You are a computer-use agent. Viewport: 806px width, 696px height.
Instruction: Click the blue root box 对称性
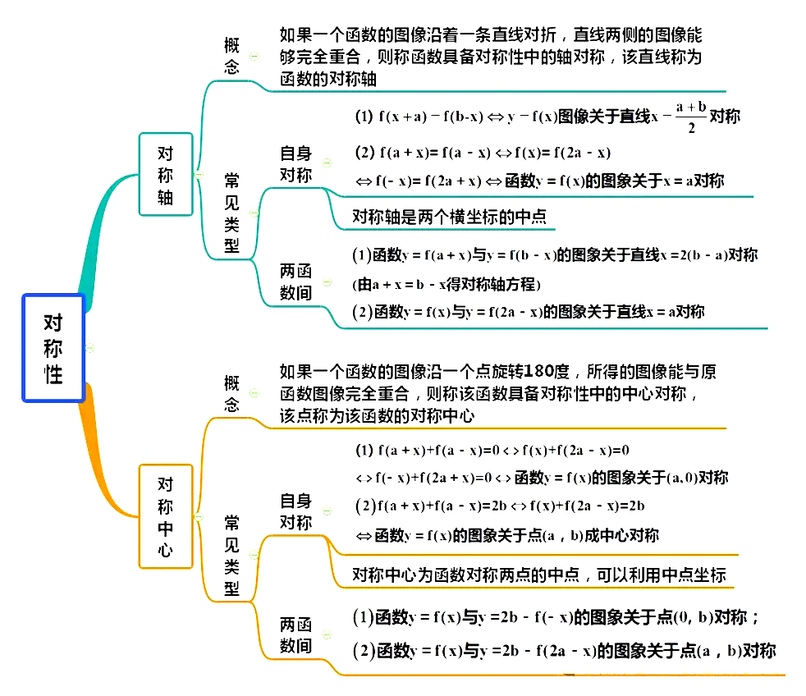click(53, 348)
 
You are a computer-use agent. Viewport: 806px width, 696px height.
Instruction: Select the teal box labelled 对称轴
click(166, 175)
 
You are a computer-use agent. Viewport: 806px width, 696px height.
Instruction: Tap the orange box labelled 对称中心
click(166, 516)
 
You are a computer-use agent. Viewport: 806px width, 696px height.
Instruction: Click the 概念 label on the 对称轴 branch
click(231, 56)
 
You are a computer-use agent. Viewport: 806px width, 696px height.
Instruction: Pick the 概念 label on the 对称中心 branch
click(231, 394)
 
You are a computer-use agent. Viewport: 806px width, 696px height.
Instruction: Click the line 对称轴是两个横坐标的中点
click(449, 217)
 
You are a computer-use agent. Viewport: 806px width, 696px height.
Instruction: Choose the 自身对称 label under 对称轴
click(295, 164)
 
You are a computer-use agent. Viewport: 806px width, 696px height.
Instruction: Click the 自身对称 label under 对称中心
click(295, 511)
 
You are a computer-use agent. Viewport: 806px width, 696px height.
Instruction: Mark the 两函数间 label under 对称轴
click(295, 282)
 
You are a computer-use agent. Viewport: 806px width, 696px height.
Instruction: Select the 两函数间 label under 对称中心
click(295, 634)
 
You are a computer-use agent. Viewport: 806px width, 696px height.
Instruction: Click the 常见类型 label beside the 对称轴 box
click(232, 212)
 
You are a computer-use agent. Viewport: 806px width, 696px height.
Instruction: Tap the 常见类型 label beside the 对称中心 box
click(232, 556)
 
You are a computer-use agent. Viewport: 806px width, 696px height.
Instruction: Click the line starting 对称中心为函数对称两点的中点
click(539, 575)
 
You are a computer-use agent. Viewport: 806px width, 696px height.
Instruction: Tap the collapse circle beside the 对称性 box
click(90, 348)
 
